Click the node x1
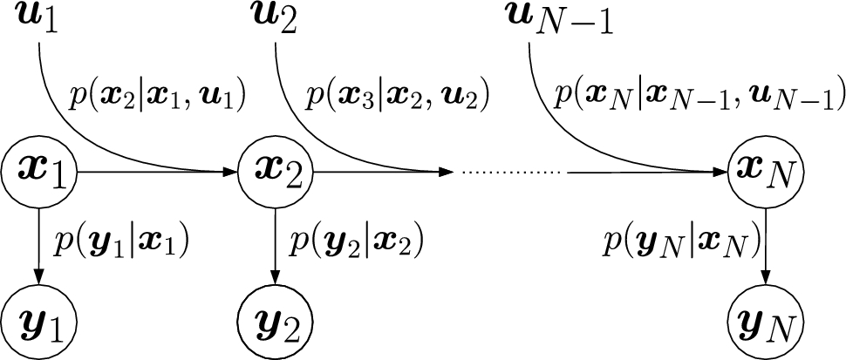click(x=40, y=173)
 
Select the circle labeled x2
click(x=276, y=173)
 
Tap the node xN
click(x=765, y=173)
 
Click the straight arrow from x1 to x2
click(x=157, y=173)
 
